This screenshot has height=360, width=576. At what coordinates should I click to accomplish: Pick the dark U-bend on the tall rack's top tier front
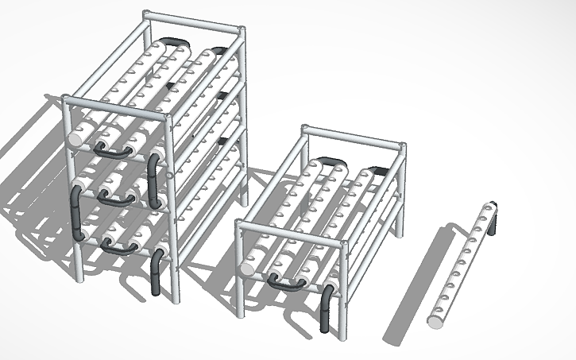[x=113, y=149]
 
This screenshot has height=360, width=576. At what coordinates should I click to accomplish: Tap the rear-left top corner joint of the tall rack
[x=145, y=14]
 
